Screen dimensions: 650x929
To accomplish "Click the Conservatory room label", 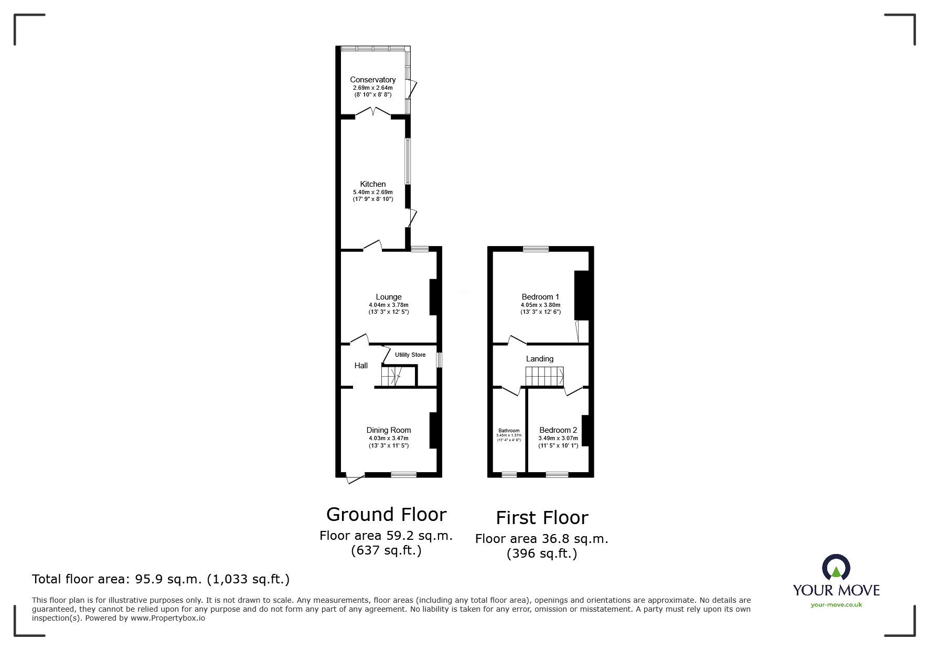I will click(x=372, y=80).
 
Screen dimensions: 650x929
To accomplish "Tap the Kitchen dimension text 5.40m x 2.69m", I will click(x=372, y=193).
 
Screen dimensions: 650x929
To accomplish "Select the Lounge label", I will click(x=388, y=297).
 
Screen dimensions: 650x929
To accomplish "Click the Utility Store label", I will click(x=410, y=355).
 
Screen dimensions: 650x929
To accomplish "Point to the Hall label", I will click(x=361, y=366).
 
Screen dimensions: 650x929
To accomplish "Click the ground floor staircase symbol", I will click(x=391, y=376).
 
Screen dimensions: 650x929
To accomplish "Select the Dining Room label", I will click(x=388, y=430).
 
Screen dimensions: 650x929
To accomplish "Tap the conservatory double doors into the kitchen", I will click(x=372, y=112).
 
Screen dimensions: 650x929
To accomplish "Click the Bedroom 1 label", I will click(x=540, y=297).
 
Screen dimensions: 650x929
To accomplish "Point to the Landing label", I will click(x=540, y=359).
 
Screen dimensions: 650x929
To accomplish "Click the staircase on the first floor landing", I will click(x=544, y=376).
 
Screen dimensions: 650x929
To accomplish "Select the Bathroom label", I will click(x=509, y=431).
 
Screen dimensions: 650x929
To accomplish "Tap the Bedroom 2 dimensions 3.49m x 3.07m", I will click(x=558, y=439).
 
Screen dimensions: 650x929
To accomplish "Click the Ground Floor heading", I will click(x=386, y=515).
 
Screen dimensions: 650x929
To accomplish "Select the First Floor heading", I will click(x=542, y=518).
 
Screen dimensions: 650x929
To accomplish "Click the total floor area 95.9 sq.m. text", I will click(x=161, y=579).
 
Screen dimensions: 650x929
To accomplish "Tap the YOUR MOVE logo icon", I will click(x=836, y=568).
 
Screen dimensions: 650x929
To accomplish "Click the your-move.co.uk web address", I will click(x=836, y=605).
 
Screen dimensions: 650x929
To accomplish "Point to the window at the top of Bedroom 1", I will click(x=536, y=249).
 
